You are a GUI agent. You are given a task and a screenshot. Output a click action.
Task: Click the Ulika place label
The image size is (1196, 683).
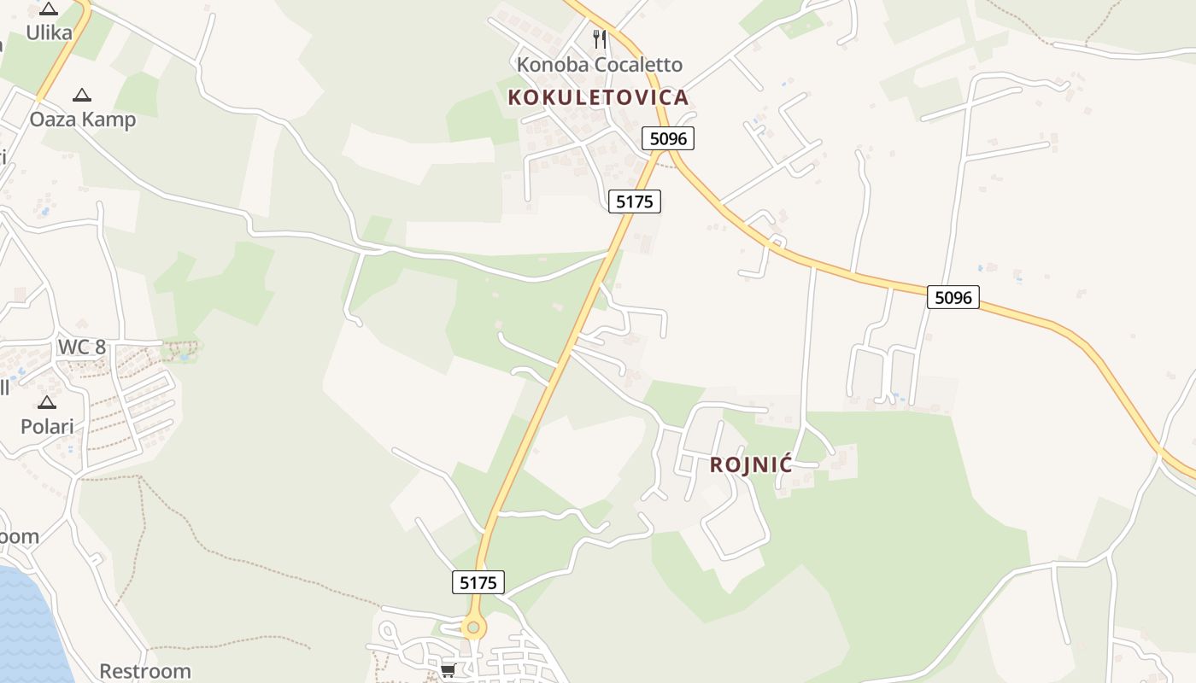[x=49, y=32]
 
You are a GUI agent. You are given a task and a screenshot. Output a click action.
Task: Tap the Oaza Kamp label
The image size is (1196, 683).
[x=83, y=119]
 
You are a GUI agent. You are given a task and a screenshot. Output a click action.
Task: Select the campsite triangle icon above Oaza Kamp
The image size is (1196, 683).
[x=82, y=95]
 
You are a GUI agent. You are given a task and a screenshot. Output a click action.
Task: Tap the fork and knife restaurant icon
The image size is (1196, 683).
[x=600, y=38]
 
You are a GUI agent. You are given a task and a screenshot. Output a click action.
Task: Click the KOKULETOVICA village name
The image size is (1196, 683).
[x=598, y=97]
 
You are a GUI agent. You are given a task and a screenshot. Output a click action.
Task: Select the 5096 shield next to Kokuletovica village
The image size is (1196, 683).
[x=668, y=137]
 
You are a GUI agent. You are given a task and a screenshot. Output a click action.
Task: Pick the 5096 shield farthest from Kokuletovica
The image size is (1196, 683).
[x=953, y=297]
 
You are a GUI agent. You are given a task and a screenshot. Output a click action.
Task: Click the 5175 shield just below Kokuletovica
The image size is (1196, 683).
[x=635, y=201]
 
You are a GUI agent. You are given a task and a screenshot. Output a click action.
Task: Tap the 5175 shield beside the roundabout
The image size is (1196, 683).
[x=478, y=582]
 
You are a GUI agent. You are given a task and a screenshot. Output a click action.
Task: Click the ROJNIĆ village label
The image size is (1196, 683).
[x=751, y=465]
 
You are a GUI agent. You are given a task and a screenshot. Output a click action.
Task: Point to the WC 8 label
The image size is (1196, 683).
[x=82, y=347]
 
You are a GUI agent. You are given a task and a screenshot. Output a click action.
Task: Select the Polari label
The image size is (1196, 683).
[x=47, y=426]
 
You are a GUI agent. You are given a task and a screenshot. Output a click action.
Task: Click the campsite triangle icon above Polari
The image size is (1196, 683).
[x=47, y=402]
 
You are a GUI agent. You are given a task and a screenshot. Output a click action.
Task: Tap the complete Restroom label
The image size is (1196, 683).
[x=145, y=671]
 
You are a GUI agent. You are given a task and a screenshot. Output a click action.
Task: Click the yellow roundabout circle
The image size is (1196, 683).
[x=473, y=628]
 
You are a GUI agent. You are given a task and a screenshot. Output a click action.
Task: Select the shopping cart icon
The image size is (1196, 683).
[x=448, y=669]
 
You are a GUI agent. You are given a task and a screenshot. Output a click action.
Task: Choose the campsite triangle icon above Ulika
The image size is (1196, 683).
[x=49, y=9]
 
